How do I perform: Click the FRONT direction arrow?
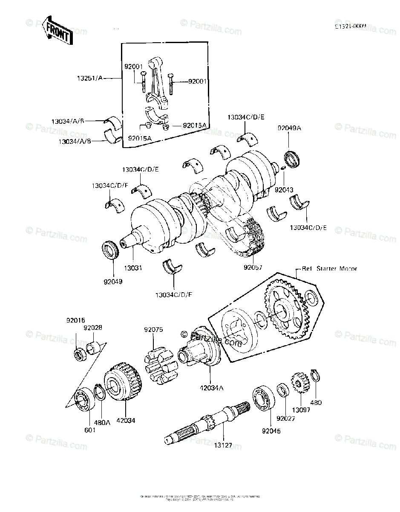coord(58,31)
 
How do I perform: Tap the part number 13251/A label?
coord(90,78)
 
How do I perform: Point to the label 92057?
coord(253,268)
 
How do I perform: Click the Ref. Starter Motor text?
coord(329,269)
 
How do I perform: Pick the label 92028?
coord(92,328)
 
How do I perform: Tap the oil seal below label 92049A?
coord(293,160)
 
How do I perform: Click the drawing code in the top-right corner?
coord(350,26)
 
